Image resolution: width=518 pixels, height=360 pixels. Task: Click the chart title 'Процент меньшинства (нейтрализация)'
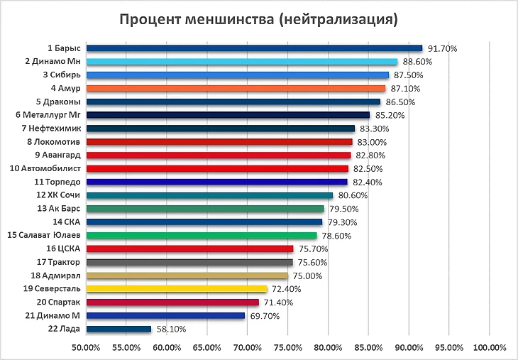pos(258,18)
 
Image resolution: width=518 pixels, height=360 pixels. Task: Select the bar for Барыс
pos(253,48)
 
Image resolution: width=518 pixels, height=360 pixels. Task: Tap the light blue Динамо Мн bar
pos(241,62)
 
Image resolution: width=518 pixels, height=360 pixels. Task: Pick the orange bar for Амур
pos(235,88)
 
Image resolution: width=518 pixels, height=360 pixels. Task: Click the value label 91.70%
pos(441,48)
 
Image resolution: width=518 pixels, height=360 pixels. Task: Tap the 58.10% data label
pos(171,329)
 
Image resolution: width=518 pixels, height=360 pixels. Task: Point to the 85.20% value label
pos(389,115)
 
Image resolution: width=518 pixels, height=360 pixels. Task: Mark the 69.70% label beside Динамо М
pos(265,316)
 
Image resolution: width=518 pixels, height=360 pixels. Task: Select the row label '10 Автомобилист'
pos(45,168)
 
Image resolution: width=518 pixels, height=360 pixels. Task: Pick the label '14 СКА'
pos(67,222)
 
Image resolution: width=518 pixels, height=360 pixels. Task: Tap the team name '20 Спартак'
pos(57,302)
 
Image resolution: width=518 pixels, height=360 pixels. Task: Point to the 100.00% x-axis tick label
pos(489,348)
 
